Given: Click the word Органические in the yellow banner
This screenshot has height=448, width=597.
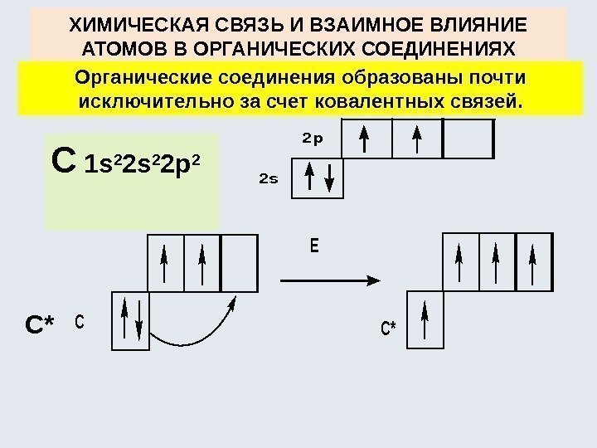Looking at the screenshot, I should point(138,79).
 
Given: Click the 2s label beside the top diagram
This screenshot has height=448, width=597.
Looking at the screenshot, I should point(268,179).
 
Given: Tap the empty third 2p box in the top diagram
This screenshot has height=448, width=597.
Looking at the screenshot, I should point(469,138).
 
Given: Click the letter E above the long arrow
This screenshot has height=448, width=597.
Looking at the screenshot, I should point(313,248).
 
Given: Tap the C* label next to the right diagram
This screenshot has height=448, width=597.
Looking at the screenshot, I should point(388,329).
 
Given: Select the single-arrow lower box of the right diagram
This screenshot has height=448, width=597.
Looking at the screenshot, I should point(425,319).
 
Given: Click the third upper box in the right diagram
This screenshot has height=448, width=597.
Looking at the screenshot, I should point(532,261).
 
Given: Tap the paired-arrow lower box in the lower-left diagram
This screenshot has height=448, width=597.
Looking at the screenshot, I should point(129,319).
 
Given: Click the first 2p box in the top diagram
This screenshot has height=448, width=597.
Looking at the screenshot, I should point(366,138).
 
